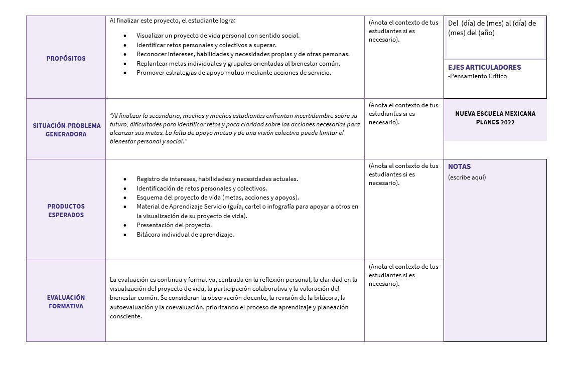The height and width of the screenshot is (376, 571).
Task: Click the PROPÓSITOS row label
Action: point(66,58)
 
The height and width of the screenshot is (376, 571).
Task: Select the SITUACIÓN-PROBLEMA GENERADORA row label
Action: point(67,130)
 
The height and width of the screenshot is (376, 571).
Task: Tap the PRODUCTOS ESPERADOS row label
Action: point(66,211)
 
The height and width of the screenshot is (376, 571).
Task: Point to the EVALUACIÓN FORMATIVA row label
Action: point(66,302)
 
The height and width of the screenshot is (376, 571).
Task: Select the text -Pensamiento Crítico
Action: point(477,76)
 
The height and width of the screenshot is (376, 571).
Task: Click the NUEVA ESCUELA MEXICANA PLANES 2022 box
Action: point(495,118)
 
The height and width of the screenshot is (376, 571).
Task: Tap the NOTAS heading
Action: point(459,166)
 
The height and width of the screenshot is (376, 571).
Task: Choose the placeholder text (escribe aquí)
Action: point(467,177)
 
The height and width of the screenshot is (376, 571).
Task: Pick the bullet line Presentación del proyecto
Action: point(174,225)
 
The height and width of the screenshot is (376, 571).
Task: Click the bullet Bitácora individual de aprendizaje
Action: point(185,234)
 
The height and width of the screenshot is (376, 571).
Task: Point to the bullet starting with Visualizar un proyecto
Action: point(218,36)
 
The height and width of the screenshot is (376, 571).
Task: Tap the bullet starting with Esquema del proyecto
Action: point(217,197)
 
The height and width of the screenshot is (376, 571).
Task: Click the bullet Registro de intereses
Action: point(217,178)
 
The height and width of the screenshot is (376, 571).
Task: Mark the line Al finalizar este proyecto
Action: point(172,21)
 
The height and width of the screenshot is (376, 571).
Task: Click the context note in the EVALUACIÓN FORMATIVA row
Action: point(403,275)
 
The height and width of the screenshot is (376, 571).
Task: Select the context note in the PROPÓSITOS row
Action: point(403,31)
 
